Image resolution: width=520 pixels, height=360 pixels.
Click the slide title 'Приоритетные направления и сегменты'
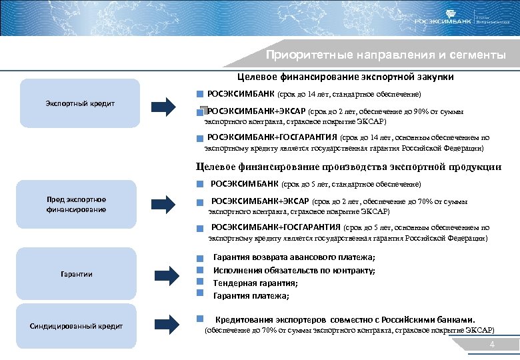(385, 55)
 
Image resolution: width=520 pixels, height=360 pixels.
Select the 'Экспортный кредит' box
(80, 103)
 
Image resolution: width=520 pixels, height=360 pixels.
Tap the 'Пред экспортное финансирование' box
(76, 205)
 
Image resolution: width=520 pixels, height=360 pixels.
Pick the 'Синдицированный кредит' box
(76, 326)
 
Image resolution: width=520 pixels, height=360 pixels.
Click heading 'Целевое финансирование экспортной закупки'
(346, 77)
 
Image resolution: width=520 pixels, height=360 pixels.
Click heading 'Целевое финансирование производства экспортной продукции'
(349, 167)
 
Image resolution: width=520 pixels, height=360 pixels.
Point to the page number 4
(491, 345)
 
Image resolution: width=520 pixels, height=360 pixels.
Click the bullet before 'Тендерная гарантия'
(198, 283)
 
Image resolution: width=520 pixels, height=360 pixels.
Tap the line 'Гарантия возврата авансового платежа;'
(293, 257)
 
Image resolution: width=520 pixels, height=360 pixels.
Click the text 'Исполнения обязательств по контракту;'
(294, 270)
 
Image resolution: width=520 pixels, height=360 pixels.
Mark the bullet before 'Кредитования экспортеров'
(198, 319)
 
